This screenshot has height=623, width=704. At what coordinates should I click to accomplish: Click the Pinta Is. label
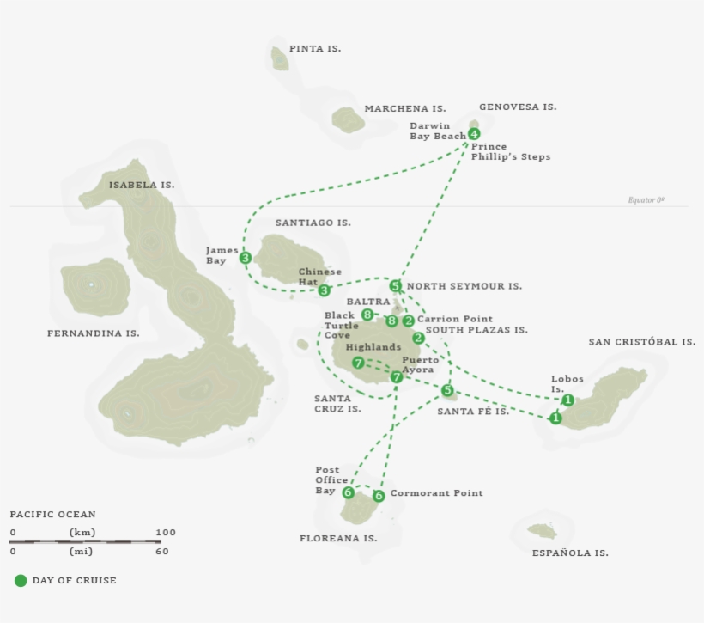point(314,49)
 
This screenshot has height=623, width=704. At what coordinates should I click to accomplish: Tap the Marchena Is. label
point(404,109)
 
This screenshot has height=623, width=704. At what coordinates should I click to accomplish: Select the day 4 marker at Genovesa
point(474,134)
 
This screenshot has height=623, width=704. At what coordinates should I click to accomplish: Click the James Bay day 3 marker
point(246,258)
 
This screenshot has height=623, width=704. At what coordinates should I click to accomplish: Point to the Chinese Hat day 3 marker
point(325,290)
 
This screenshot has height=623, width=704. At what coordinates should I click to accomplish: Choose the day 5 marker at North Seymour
point(395,286)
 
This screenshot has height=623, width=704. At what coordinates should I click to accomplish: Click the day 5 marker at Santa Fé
point(447,391)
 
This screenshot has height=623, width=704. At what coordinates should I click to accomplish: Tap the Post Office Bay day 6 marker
point(348,492)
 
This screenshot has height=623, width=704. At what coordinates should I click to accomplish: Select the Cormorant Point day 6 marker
point(379,496)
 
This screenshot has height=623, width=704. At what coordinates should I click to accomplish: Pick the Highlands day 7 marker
point(358,363)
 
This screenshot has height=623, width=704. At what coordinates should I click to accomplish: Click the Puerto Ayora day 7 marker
point(397,377)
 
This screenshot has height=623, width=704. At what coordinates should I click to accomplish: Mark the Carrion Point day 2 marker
point(409,321)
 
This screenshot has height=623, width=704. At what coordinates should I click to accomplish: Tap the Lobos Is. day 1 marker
point(567,400)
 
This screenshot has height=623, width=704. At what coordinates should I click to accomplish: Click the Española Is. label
point(570,553)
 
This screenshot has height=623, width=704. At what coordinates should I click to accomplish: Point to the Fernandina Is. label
point(93,333)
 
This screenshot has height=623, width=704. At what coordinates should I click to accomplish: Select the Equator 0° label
point(646,200)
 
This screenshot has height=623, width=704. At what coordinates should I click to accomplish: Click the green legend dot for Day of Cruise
point(21,581)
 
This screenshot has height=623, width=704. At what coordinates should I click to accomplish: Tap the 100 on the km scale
point(166,533)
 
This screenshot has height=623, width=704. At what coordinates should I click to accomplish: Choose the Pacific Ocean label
point(53,515)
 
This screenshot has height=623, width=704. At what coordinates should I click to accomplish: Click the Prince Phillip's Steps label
point(511,152)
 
